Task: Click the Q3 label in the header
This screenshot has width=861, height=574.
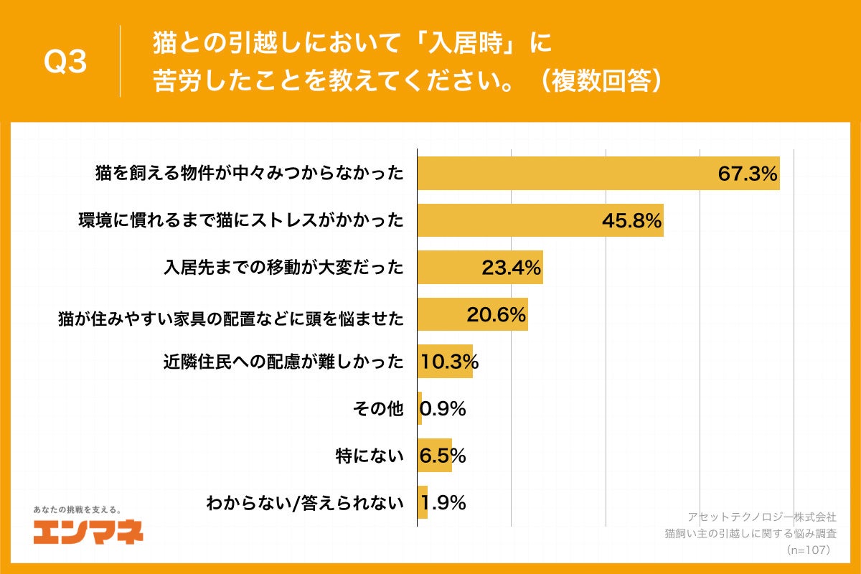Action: click(x=65, y=63)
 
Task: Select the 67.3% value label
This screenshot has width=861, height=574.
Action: click(x=748, y=174)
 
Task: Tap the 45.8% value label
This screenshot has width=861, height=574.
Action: click(x=631, y=221)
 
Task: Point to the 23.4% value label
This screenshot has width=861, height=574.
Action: click(x=510, y=268)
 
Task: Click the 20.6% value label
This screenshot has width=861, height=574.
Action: click(x=497, y=315)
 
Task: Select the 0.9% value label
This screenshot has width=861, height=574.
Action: click(x=443, y=409)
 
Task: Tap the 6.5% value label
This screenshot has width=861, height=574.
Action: click(x=442, y=456)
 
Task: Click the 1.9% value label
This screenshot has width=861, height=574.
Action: click(x=443, y=502)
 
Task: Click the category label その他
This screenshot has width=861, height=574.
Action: click(x=377, y=409)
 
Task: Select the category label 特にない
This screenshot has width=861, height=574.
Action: click(x=370, y=456)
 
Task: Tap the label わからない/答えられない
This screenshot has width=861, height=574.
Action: click(x=305, y=502)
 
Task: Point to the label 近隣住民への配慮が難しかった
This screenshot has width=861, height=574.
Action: click(x=283, y=362)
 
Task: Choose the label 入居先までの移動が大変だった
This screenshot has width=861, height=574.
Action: click(x=283, y=268)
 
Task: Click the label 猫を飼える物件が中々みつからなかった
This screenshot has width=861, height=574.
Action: click(x=250, y=174)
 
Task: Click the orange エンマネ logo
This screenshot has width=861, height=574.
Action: click(x=88, y=532)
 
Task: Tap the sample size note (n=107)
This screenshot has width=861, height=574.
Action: click(x=807, y=550)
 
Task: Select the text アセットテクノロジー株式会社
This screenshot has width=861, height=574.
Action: click(x=761, y=517)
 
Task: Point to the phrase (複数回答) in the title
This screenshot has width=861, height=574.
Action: click(x=599, y=81)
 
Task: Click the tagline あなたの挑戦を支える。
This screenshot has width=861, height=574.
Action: click(x=77, y=509)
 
